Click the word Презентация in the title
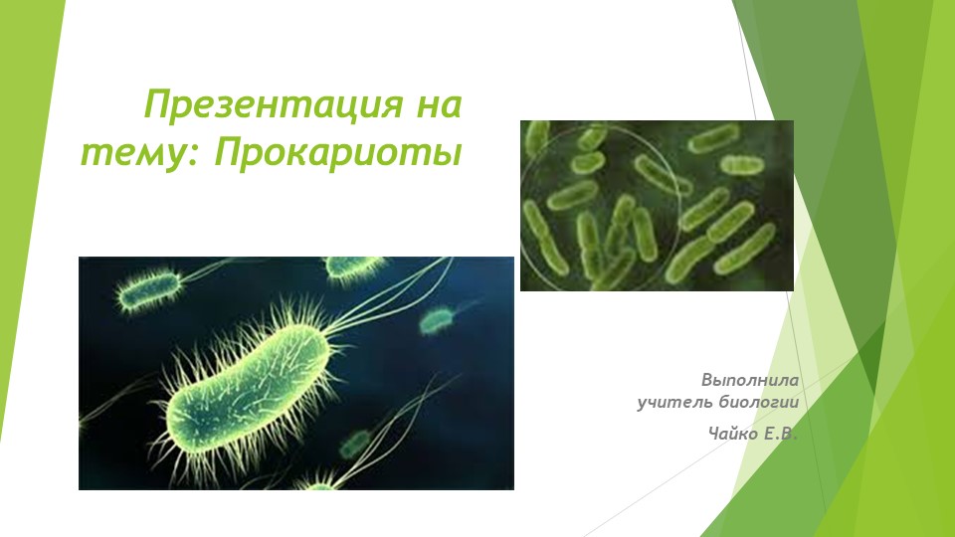pos(274,104)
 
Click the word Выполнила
pos(750,380)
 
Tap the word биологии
pos(759,402)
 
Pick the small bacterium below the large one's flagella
pos(355,443)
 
